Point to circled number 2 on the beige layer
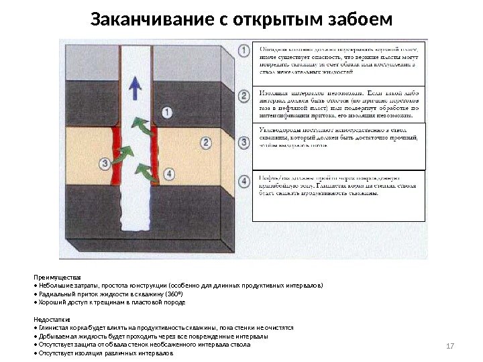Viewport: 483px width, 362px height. click(x=206, y=142)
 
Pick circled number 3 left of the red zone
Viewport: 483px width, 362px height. click(x=105, y=163)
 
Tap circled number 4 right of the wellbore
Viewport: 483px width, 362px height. click(x=168, y=173)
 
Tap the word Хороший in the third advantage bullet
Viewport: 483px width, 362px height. click(x=51, y=302)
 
